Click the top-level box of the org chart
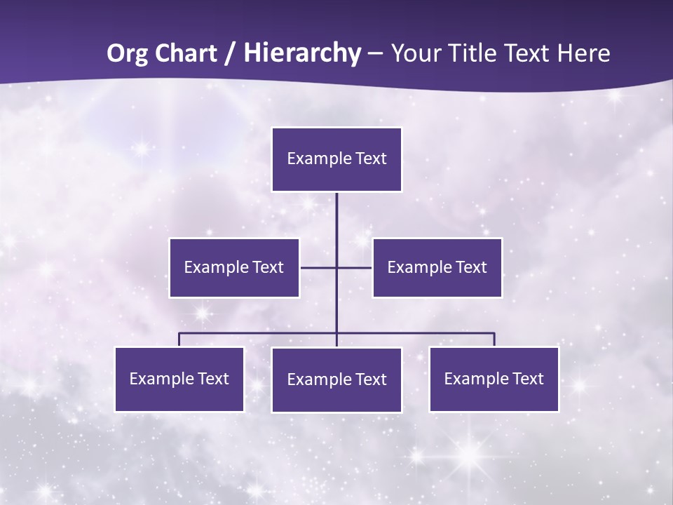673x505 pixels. tap(336, 159)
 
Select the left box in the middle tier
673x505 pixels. tap(234, 268)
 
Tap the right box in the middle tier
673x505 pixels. tap(437, 268)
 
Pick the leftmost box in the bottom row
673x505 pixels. tap(179, 379)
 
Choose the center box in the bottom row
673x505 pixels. tap(336, 380)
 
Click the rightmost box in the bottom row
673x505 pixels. tap(494, 379)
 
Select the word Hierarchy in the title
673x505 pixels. tap(302, 53)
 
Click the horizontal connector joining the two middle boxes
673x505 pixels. tap(319, 267)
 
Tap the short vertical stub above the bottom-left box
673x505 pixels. tap(179, 339)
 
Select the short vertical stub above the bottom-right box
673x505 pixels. tap(494, 339)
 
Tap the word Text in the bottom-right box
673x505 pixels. tap(528, 379)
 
